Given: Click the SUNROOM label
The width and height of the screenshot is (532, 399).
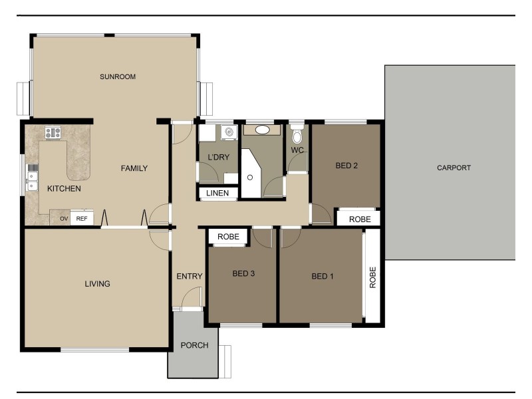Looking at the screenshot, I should (118, 76).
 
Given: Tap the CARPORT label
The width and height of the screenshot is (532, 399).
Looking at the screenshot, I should (454, 168).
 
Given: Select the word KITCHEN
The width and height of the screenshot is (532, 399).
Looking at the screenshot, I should (64, 189).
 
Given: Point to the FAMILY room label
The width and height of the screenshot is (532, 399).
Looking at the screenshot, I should (134, 168).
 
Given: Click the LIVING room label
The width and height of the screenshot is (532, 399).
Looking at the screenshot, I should (97, 284).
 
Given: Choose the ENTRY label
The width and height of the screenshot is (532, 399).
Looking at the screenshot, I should (188, 277).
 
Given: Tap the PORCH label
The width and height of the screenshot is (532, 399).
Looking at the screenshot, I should (194, 345).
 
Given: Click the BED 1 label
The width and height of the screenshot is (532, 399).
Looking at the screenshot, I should (323, 276).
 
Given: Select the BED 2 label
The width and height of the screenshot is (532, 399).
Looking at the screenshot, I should (346, 166).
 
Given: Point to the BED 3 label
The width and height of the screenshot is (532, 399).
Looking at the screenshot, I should (243, 273).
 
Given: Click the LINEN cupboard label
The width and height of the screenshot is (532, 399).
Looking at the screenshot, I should (217, 194).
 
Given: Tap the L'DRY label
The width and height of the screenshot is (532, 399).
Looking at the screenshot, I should (219, 157).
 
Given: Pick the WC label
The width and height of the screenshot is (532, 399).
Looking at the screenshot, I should (297, 150).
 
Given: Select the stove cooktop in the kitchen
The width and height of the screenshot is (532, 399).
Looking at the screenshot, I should (53, 132).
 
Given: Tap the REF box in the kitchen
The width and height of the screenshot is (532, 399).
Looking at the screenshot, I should (82, 218).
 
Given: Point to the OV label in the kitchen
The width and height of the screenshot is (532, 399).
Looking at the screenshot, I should (64, 218).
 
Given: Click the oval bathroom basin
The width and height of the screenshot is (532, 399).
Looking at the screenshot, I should (263, 130).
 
